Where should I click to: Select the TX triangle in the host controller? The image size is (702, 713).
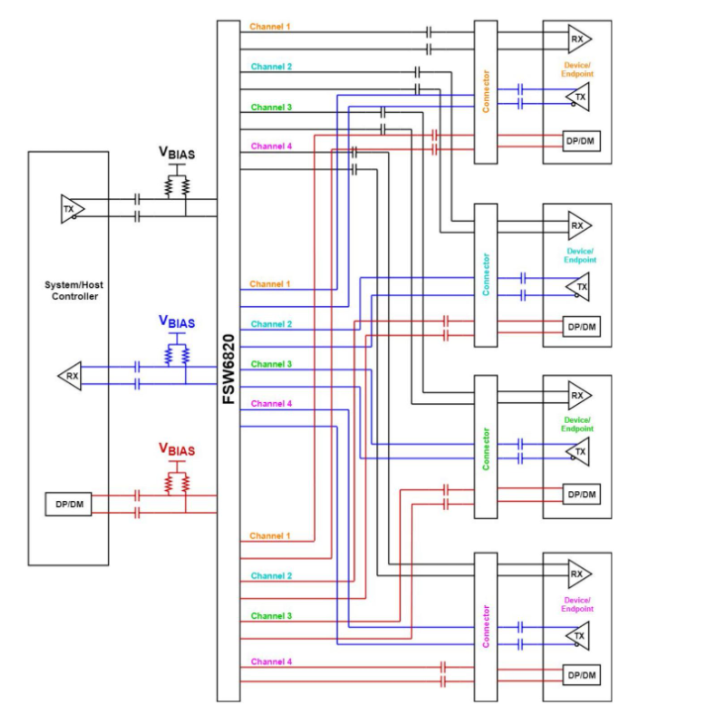point(71,209)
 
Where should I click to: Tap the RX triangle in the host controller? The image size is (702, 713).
point(71,375)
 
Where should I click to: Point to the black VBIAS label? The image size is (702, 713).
point(177,153)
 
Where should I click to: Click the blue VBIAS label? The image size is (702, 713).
point(177,322)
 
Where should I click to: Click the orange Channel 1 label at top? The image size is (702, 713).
point(270,26)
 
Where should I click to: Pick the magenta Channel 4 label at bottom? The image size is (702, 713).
point(270,662)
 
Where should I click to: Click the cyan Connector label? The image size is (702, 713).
point(485,276)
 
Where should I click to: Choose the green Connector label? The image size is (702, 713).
point(485,449)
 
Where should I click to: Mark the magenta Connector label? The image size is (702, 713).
point(485,626)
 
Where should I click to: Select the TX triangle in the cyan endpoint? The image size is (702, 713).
point(580,287)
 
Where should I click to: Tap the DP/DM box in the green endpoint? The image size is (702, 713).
point(581,494)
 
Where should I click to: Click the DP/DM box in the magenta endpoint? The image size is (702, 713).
point(581,674)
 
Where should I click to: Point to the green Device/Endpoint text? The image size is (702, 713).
point(579,424)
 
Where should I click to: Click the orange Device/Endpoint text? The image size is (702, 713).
point(579,67)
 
